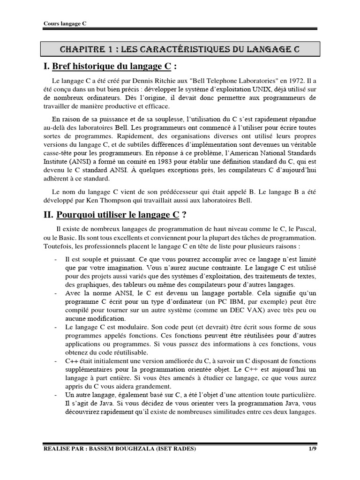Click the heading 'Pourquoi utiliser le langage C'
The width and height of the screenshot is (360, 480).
click(x=118, y=216)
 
